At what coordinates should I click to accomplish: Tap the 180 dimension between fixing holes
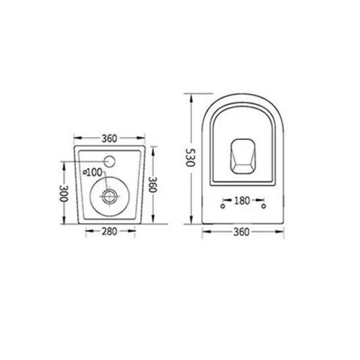pos(242,202)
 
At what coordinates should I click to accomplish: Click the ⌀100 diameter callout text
pos(93,172)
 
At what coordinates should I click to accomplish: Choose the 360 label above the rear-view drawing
pos(109,139)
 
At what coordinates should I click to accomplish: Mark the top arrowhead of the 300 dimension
pos(64,164)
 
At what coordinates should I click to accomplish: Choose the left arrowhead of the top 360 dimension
pos(75,139)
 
